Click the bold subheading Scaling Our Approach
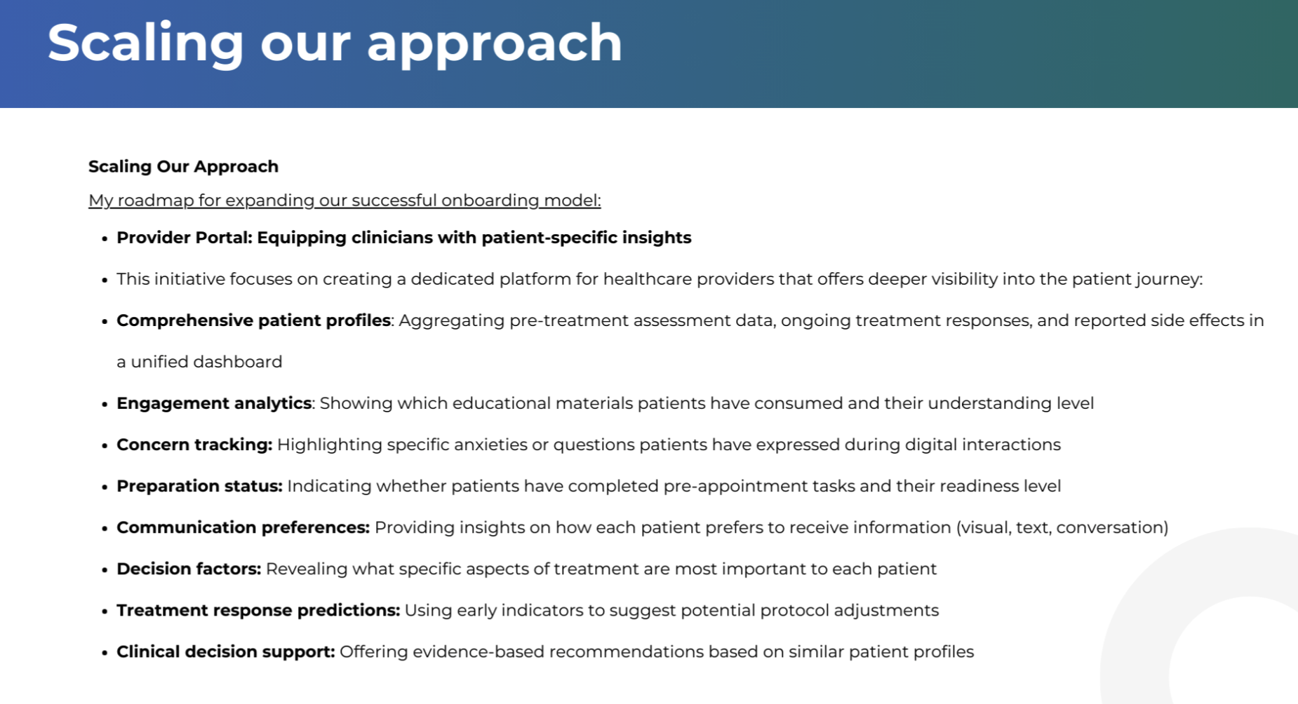[x=183, y=167]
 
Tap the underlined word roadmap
[x=155, y=201]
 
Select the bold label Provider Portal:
[x=185, y=238]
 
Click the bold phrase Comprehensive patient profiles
[x=253, y=320]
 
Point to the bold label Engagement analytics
[x=214, y=403]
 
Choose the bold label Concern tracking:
[x=194, y=445]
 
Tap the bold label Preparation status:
[x=199, y=486]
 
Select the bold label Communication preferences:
[x=243, y=527]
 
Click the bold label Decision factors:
[x=189, y=569]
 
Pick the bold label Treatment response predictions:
[x=258, y=610]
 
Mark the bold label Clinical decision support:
[x=226, y=651]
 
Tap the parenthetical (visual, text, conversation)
[x=1062, y=527]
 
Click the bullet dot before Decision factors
[x=105, y=570]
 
